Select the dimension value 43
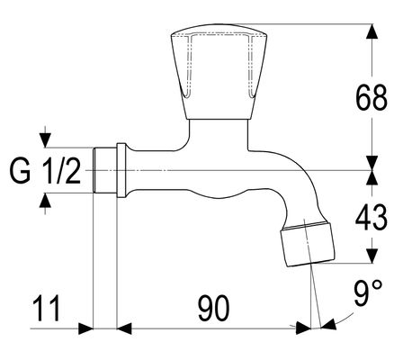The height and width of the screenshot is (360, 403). [372, 218]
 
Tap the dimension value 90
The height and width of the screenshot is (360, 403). [214, 308]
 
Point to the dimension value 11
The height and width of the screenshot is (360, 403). [47, 308]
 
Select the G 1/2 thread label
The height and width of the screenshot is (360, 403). [45, 171]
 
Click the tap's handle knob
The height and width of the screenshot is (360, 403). [219, 72]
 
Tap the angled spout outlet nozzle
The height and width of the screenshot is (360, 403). [307, 244]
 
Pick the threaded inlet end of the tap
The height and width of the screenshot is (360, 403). [104, 170]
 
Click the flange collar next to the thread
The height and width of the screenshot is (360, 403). [121, 170]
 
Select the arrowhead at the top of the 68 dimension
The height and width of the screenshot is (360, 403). [372, 31]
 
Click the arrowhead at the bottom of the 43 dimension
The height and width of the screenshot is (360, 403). [372, 256]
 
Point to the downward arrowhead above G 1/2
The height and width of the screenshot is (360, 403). [45, 140]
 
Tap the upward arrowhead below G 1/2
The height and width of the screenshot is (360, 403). [45, 200]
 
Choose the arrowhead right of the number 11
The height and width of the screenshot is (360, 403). [85, 328]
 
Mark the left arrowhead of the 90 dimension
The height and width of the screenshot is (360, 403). [124, 328]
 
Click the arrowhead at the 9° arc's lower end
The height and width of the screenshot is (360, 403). [328, 325]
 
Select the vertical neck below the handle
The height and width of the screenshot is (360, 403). [219, 134]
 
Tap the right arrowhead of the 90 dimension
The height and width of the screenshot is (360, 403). [303, 328]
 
